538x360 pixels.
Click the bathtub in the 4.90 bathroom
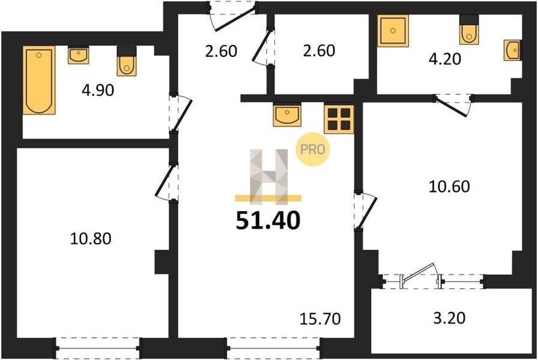[39, 80]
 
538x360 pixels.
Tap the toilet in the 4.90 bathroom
[127, 62]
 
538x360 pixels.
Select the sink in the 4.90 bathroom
[79, 55]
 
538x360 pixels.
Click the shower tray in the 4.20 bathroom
[393, 31]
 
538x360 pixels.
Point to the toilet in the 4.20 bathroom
[469, 30]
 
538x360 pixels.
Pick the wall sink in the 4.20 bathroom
[513, 50]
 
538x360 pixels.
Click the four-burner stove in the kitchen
[339, 119]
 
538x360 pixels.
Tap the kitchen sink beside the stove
[287, 115]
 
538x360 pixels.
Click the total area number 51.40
[268, 220]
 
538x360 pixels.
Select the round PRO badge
[313, 149]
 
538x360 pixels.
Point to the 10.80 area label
[91, 239]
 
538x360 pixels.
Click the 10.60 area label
[450, 187]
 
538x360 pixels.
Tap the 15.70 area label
[320, 319]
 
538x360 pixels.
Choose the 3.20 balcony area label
[450, 318]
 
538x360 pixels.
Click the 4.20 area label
[445, 59]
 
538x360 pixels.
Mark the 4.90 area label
[98, 91]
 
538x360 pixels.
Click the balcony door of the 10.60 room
[422, 275]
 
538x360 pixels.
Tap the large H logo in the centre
[268, 176]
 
